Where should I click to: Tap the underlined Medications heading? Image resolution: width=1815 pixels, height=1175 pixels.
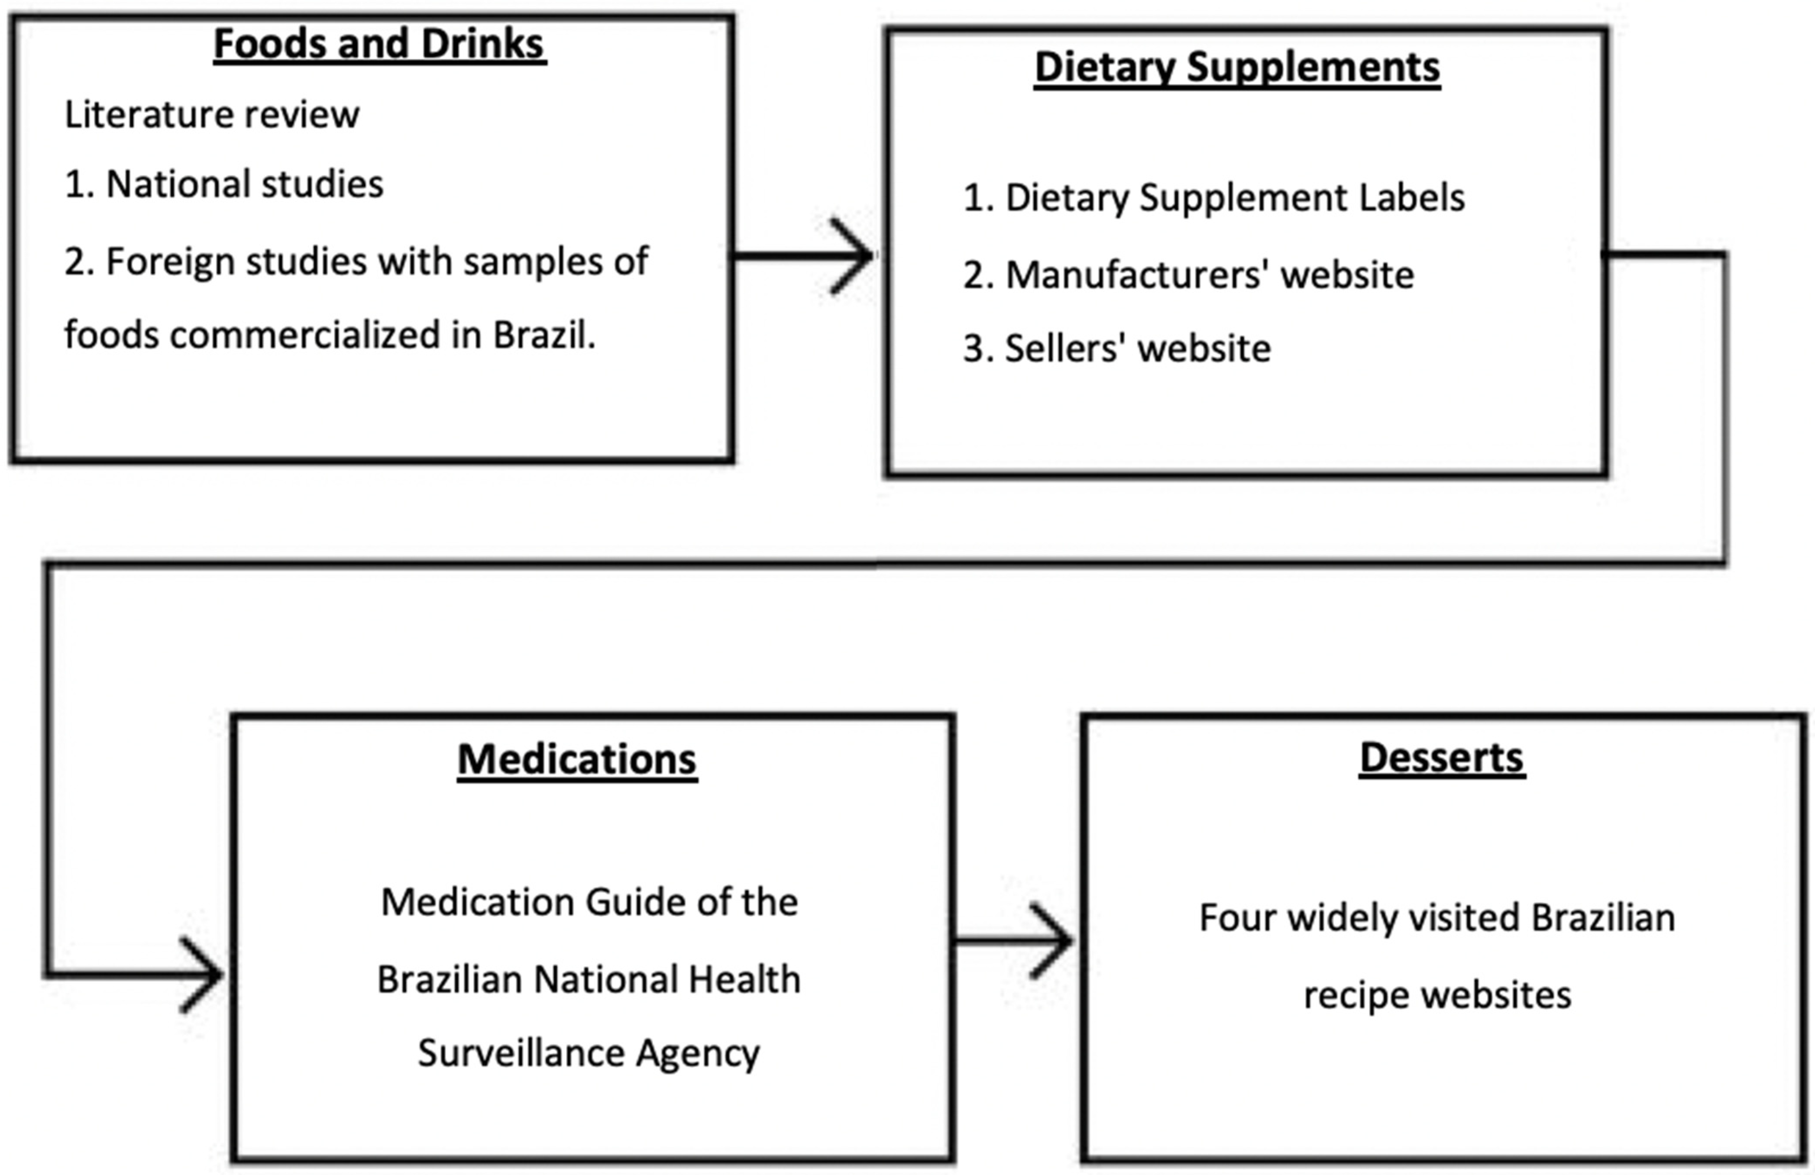point(576,759)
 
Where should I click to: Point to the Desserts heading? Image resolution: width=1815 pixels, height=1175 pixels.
point(1441,758)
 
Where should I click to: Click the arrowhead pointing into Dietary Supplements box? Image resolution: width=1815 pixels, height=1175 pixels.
point(854,256)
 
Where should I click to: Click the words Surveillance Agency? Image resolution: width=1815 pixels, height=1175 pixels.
point(589,1053)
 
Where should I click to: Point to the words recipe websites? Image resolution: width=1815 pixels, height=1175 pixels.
point(1437,995)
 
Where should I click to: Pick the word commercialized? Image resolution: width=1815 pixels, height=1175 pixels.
point(305,335)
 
